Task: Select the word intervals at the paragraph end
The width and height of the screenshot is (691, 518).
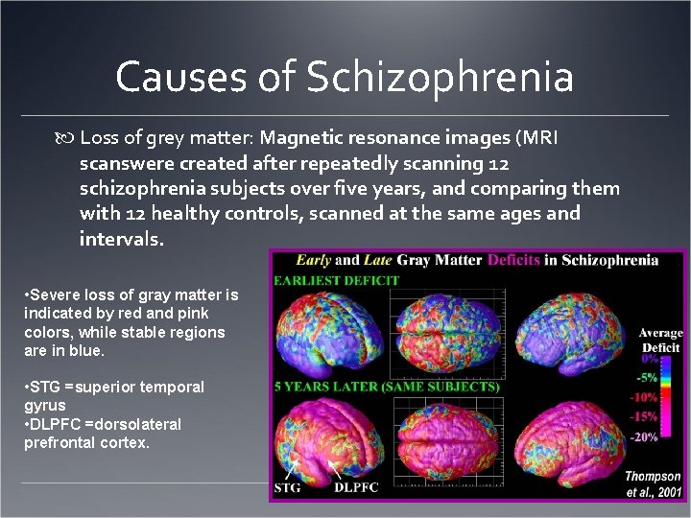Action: (122, 238)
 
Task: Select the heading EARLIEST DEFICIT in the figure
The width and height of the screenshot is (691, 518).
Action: (336, 280)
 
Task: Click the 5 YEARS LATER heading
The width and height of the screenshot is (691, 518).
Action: (387, 387)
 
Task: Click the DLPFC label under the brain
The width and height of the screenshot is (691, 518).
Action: (355, 486)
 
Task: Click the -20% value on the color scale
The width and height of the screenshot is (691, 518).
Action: (644, 437)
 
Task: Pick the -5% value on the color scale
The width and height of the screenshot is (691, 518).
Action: (649, 377)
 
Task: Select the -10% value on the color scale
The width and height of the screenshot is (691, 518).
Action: (644, 397)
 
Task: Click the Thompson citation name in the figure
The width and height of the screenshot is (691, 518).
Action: (654, 477)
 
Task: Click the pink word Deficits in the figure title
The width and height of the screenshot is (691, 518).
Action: (522, 260)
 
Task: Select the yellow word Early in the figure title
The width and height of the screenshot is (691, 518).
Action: (315, 260)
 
